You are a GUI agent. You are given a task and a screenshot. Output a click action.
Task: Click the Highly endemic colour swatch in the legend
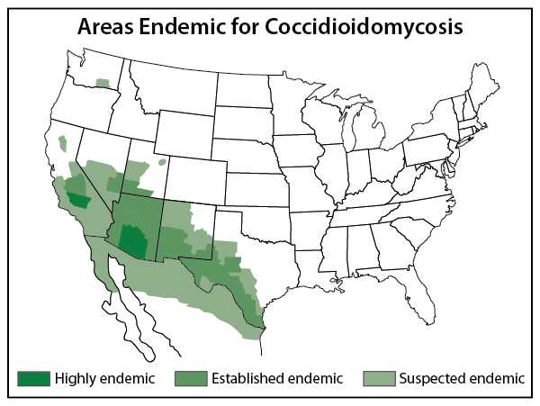(32, 378)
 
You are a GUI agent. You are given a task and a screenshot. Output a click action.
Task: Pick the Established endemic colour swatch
(190, 378)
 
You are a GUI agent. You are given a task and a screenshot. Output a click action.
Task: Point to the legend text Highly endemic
(103, 378)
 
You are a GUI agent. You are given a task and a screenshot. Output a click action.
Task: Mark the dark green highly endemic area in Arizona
(134, 240)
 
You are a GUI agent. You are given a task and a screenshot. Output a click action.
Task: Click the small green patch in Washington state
(103, 83)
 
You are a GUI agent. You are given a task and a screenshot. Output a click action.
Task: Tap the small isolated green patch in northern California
(63, 142)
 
